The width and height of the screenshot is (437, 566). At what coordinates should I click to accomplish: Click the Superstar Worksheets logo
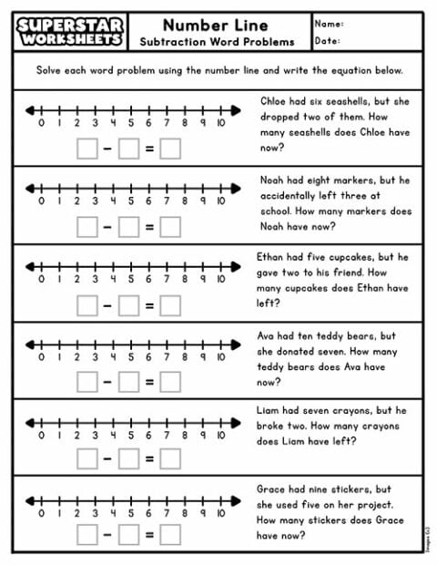(69, 31)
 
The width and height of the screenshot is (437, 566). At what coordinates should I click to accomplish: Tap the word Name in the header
(330, 22)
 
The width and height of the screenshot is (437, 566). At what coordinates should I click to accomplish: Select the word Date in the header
(328, 41)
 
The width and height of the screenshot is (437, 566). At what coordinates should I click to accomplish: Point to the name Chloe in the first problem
(275, 102)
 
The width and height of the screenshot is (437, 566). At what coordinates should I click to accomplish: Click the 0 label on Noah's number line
(41, 202)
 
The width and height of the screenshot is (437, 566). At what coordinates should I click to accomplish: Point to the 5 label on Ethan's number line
(130, 280)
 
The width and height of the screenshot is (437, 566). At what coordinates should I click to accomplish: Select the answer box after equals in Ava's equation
(170, 382)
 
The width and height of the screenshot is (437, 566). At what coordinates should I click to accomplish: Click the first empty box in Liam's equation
(86, 459)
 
